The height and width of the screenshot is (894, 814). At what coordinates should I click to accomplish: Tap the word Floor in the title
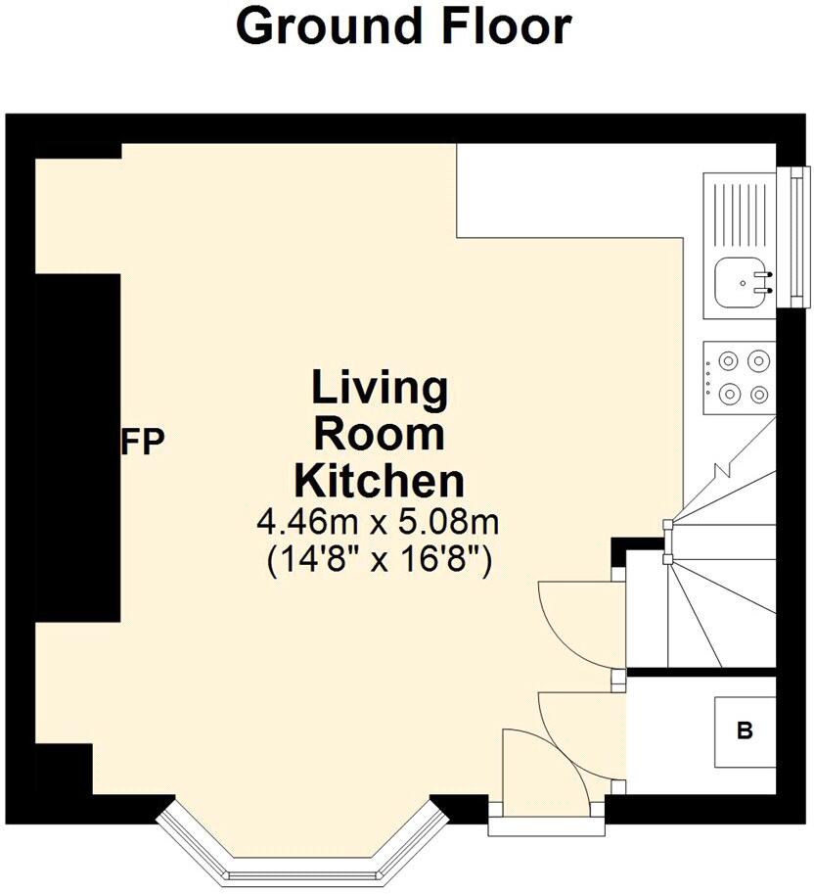506,28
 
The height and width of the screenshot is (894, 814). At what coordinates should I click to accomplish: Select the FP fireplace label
143,440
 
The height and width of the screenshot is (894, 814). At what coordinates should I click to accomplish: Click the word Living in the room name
379,389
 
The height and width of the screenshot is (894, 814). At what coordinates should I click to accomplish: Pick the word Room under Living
379,435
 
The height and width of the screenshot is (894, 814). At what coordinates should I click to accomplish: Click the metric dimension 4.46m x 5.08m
379,522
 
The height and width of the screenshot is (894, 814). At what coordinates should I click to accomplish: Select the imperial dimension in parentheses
379,561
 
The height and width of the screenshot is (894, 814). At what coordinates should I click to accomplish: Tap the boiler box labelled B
745,731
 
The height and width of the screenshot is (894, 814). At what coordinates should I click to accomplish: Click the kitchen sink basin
739,282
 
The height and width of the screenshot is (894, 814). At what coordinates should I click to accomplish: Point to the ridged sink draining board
738,212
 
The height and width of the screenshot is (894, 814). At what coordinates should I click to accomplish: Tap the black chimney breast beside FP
78,446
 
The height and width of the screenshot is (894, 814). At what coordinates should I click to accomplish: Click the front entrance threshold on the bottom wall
547,824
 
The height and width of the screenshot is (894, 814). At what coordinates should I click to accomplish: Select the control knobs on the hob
707,377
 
